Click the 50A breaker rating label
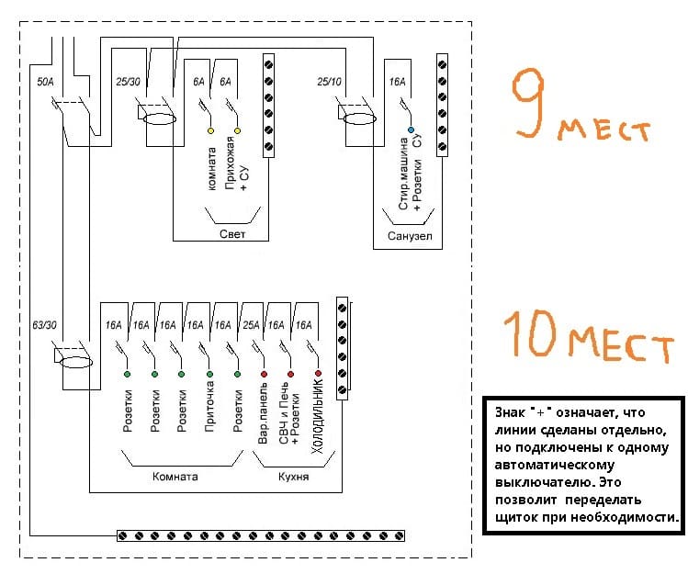[44, 83]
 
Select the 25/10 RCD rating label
[330, 83]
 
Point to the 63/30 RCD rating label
[44, 325]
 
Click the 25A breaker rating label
[249, 325]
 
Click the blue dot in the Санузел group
[412, 131]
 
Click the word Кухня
[295, 478]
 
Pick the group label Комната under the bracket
[175, 478]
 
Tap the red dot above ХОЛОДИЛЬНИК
[318, 375]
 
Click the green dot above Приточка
[209, 375]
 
